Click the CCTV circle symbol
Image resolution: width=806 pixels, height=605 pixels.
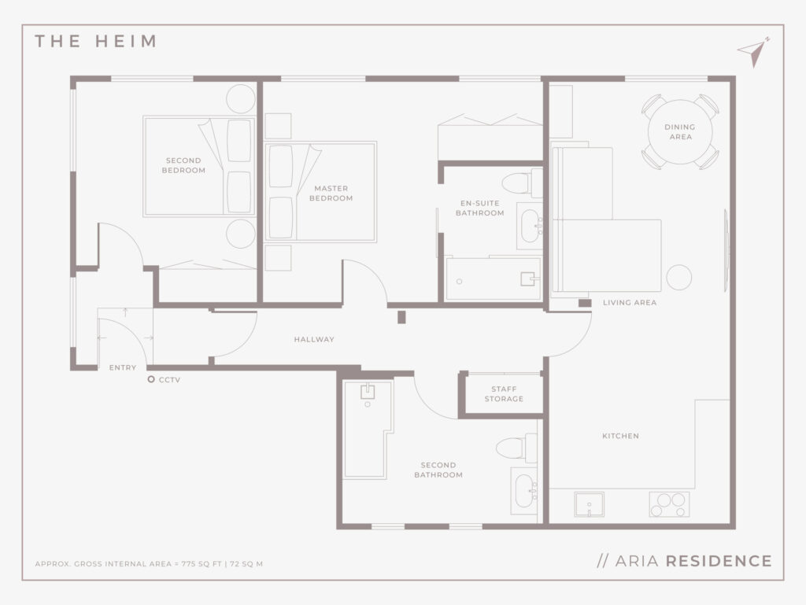pos(151,379)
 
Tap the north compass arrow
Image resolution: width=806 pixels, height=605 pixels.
pos(754,53)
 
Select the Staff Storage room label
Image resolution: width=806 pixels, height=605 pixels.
pos(504,394)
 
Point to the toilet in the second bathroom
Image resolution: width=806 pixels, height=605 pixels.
pos(516,448)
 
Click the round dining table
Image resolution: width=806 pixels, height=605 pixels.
pos(680,132)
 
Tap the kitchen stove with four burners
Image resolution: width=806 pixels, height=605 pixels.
pos(669,504)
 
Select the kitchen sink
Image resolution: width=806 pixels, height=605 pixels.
pos(589,504)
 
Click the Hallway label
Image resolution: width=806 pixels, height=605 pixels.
pos(314,340)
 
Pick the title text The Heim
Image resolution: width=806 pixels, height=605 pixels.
pos(95,41)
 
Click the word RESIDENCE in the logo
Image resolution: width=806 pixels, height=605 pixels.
pos(719,561)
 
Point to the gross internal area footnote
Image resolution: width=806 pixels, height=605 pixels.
pos(149,564)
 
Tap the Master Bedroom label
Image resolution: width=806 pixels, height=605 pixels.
pos(331,193)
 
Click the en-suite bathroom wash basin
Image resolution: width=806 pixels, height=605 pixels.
pos(531,226)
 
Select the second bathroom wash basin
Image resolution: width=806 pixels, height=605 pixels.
pos(524,491)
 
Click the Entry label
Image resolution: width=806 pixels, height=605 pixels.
pos(123,367)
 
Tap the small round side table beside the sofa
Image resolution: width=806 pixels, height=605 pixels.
pos(679,278)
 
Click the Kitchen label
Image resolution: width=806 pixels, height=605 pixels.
pos(621,436)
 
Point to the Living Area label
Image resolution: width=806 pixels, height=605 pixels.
pos(630,302)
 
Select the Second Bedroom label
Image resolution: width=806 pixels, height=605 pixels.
pos(183,165)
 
